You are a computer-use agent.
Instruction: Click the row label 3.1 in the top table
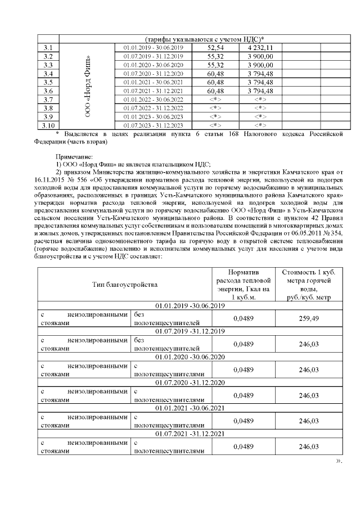tap(48, 48)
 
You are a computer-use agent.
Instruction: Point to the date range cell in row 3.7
tap(154, 99)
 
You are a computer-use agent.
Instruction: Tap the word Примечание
tap(74, 156)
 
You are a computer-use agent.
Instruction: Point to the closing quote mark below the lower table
tap(339, 461)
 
